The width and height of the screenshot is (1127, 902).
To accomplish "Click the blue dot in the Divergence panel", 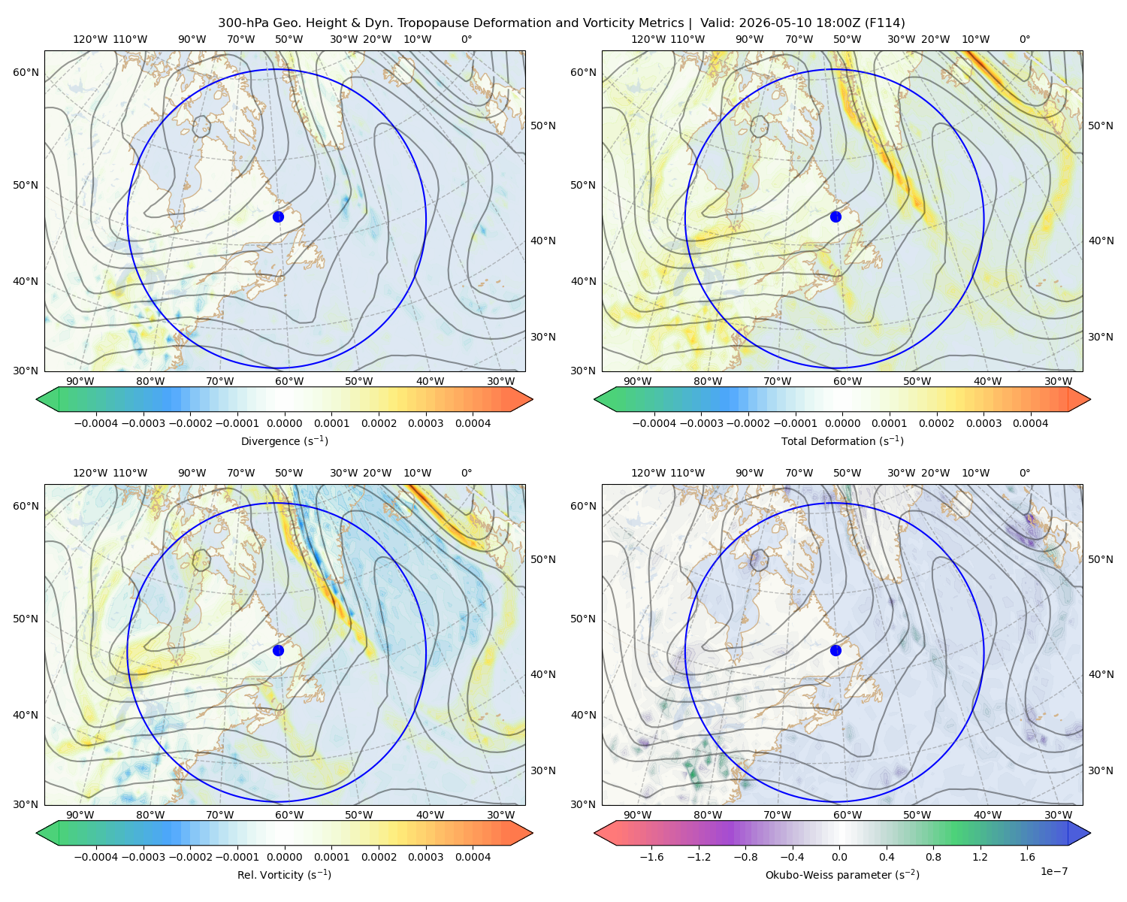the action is click(278, 216).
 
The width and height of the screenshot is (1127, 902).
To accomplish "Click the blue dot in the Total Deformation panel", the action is click(835, 216).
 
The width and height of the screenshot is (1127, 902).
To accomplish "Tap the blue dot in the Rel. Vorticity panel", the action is click(278, 650).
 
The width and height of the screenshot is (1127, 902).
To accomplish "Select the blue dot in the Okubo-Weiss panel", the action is click(835, 650).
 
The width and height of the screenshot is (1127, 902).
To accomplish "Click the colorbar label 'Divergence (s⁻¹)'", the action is click(284, 440).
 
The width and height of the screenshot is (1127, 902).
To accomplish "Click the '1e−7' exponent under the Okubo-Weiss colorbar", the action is click(1053, 871).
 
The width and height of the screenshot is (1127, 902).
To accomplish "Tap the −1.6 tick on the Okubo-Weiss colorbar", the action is click(651, 857).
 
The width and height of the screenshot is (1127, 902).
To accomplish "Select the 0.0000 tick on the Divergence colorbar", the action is click(284, 423).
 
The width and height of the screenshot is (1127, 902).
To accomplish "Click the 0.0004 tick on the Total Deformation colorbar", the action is click(1030, 423).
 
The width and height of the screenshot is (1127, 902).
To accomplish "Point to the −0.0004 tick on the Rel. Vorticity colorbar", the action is click(96, 857).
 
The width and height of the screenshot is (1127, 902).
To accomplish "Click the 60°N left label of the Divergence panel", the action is click(26, 72).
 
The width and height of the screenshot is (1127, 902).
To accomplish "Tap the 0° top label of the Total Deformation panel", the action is click(1024, 39).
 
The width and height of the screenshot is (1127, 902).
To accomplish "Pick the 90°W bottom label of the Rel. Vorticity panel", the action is click(80, 815).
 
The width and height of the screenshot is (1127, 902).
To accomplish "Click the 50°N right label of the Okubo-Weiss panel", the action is click(1101, 559).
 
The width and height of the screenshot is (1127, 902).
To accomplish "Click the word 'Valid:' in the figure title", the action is click(718, 23).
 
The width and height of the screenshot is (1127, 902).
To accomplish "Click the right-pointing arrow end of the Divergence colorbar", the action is click(521, 399).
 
